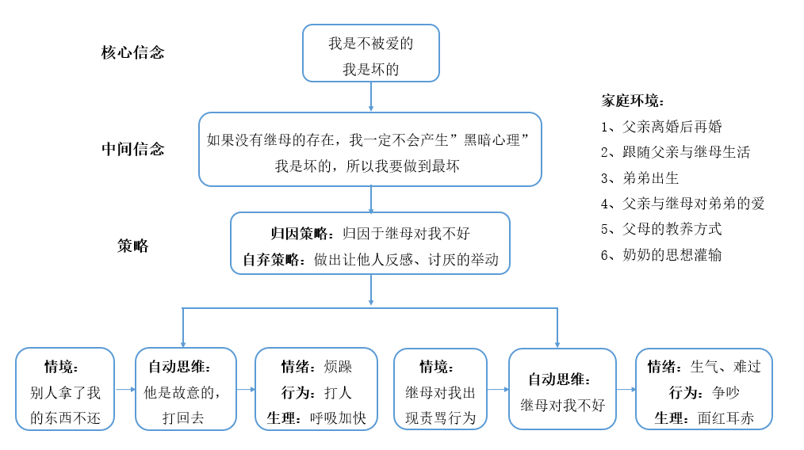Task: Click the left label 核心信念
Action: pos(132,52)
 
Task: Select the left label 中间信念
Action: pos(132,149)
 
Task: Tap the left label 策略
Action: pos(132,246)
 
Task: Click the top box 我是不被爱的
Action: pos(371,53)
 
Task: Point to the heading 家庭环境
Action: pos(633,101)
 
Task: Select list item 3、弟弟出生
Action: pos(640,177)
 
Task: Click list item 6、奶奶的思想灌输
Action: pos(661,255)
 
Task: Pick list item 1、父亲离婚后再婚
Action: pos(661,127)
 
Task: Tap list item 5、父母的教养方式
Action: pos(661,229)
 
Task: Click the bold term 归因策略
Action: pos(299,234)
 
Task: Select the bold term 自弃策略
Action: pos(270,259)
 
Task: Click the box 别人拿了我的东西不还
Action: pos(64,389)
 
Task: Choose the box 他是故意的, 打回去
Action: pos(186,389)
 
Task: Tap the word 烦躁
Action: pos(338,367)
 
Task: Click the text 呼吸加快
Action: pos(338,418)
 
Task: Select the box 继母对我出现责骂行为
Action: pos(441,389)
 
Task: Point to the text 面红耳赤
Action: pos(726,418)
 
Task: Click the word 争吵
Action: pos(726,393)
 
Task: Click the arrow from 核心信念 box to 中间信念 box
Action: pos(371,97)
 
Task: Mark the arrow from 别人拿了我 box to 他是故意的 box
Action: pos(125,390)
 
